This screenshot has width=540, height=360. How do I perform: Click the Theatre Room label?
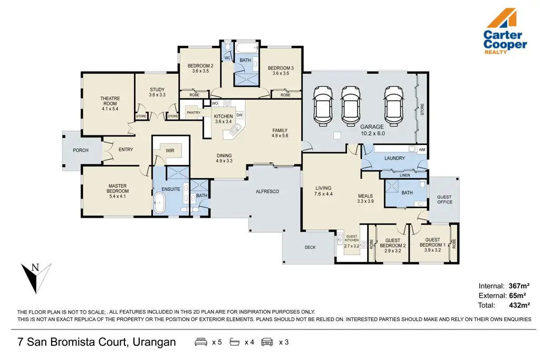point(110,101)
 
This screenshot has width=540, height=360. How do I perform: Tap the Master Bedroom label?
point(118,188)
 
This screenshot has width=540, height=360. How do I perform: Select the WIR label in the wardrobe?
point(170,150)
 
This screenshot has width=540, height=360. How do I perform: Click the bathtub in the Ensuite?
point(159,203)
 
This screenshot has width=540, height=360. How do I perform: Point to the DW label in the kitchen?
point(239,115)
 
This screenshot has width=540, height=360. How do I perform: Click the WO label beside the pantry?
point(215,103)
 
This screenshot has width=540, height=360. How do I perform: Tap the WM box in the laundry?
point(422,150)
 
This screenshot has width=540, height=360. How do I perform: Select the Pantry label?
point(194,113)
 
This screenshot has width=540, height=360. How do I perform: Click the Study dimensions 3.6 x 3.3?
point(157,95)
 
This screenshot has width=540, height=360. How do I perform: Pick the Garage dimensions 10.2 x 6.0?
point(373,133)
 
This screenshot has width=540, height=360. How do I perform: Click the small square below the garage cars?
point(337,135)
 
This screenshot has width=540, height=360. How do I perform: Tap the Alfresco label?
point(267,191)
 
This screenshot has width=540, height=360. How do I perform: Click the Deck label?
point(310,247)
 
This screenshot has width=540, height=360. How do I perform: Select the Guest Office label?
point(444,199)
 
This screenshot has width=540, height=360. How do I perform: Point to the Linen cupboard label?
point(404,175)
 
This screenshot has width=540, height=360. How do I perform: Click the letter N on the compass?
point(35,267)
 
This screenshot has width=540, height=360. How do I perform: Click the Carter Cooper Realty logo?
point(505,32)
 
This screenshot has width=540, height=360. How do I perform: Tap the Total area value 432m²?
point(519,305)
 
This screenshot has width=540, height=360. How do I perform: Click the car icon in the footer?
point(267,342)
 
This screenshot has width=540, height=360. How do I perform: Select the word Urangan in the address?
point(155,342)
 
